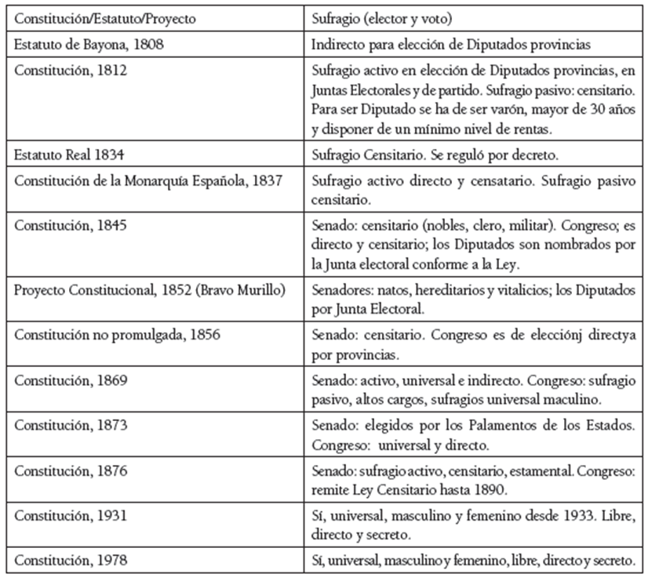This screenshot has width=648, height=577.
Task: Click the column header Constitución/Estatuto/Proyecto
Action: [x=105, y=17]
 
